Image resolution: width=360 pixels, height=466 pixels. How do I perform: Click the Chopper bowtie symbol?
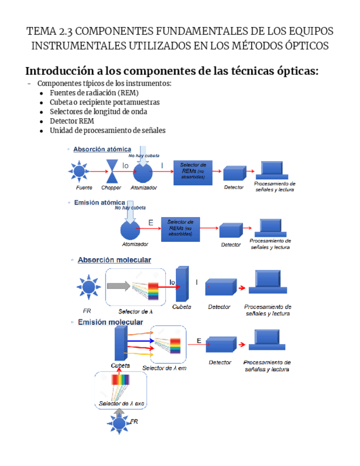tap(112, 171)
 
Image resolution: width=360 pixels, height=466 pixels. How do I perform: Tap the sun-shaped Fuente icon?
tap(80, 171)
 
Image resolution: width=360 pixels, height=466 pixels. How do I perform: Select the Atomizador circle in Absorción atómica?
tap(142, 173)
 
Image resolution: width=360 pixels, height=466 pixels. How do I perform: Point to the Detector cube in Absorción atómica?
tap(235, 173)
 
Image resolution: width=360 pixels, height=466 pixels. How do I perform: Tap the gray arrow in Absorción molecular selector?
tap(118, 286)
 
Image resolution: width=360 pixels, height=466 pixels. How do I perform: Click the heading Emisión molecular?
tap(110, 322)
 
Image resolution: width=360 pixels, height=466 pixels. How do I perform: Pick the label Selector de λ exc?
tap(121, 403)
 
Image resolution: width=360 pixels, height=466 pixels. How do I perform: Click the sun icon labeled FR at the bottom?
tap(118, 423)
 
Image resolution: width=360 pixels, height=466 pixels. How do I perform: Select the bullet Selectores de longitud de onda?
tap(98, 112)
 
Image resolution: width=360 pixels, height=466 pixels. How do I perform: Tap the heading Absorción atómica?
tap(102, 149)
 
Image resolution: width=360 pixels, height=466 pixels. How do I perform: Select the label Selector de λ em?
tap(164, 368)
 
